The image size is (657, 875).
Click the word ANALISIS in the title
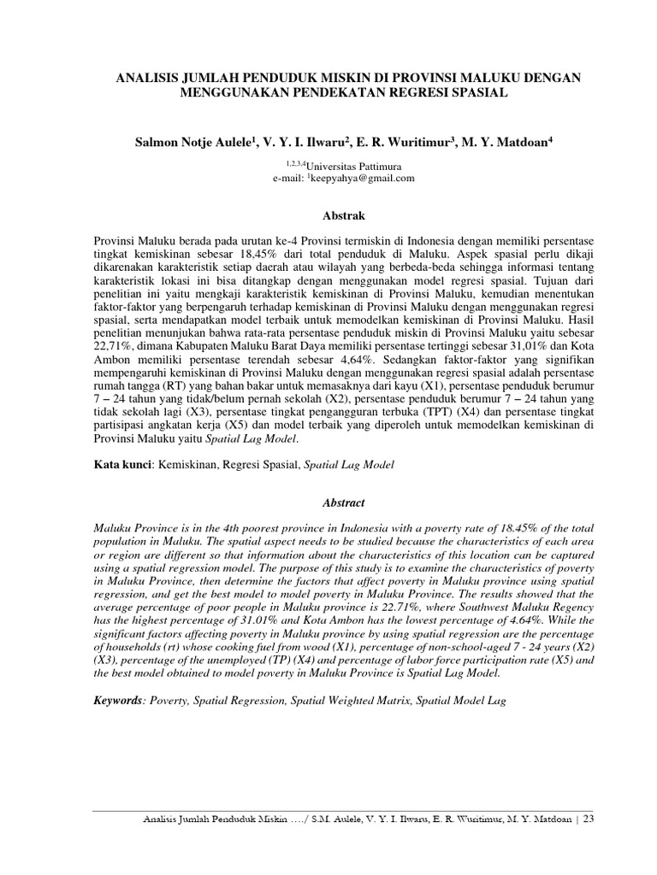146,78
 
